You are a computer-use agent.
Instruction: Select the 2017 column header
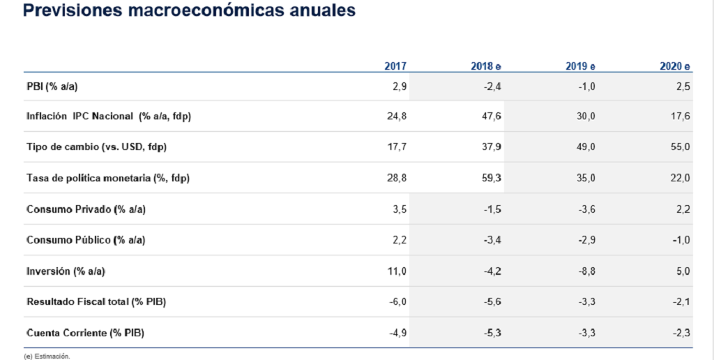(395, 66)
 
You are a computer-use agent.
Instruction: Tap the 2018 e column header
(486, 66)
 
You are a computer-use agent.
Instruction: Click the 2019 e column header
(580, 66)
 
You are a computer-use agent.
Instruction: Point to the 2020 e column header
(675, 66)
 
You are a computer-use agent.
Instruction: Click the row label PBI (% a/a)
(52, 86)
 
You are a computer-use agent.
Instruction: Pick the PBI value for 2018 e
(492, 87)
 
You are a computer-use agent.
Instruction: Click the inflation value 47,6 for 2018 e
(492, 117)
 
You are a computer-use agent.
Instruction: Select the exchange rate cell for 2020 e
(681, 147)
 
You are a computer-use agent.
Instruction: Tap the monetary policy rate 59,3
(492, 178)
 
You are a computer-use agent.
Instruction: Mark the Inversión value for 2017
(397, 271)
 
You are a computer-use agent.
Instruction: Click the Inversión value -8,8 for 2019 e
(586, 271)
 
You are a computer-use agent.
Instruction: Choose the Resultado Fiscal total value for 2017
(398, 301)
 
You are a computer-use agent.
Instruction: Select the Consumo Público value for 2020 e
(682, 240)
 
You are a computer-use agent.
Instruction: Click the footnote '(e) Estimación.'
(47, 357)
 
